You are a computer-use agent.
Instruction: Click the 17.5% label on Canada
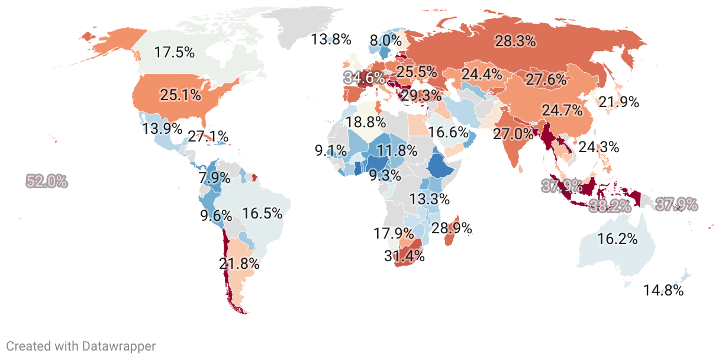(175, 52)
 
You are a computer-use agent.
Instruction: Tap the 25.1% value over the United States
(180, 94)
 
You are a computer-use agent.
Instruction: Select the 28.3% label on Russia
(515, 41)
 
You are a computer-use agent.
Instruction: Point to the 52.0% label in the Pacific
(47, 181)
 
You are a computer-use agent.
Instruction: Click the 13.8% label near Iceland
(331, 40)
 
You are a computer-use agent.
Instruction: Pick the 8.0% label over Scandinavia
(385, 40)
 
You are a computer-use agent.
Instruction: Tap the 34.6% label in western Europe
(363, 78)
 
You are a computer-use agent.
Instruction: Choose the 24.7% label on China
(562, 110)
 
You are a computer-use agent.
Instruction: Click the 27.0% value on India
(513, 133)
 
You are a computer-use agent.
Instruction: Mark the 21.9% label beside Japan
(619, 102)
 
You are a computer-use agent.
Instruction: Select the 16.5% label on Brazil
(262, 213)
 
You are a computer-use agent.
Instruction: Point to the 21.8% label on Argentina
(239, 264)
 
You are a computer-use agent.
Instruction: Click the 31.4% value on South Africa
(404, 256)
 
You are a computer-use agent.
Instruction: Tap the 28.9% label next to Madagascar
(451, 227)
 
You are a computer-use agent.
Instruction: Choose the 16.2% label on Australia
(617, 239)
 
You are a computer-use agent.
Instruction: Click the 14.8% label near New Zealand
(663, 291)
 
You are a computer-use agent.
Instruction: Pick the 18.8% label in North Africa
(366, 122)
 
